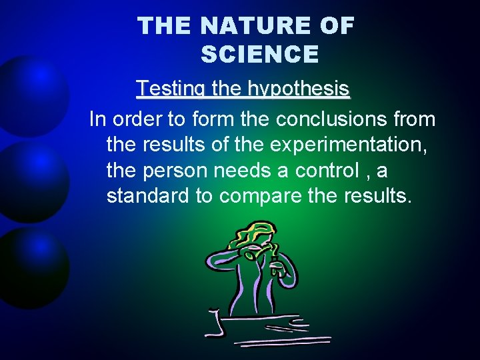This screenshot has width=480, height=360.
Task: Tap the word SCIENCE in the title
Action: point(259,54)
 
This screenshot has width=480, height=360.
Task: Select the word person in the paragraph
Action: point(175,171)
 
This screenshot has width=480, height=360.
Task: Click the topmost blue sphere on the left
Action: point(30,93)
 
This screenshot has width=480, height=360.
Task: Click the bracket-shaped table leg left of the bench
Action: point(214,323)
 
